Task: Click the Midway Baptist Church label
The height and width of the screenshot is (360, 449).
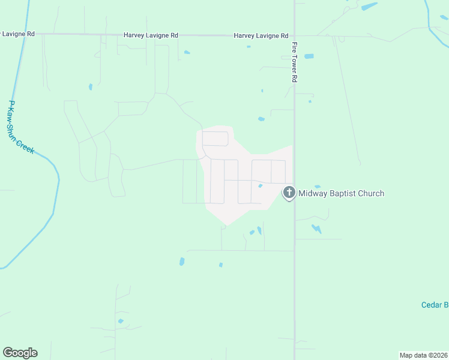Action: point(341,193)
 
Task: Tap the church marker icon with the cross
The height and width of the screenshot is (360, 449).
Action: point(289,193)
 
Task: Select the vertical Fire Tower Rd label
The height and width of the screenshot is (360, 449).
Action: point(295,62)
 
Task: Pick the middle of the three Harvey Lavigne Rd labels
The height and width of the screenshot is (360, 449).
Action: point(151,35)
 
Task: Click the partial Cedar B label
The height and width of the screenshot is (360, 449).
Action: point(435,305)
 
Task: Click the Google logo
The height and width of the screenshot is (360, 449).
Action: point(20,353)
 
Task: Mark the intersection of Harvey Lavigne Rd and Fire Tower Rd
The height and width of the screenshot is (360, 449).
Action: point(294,35)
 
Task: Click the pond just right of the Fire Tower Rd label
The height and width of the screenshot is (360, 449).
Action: point(309,56)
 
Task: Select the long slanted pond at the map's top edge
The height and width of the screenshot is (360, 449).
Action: point(369,7)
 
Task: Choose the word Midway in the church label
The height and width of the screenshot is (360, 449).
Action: point(312,193)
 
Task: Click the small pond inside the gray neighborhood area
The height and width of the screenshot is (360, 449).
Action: point(260,186)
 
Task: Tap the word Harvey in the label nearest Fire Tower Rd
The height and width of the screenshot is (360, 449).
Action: point(244,35)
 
